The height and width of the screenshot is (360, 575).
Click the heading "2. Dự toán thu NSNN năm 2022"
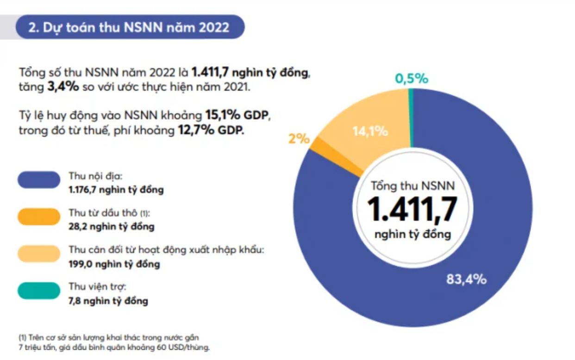click(x=129, y=27)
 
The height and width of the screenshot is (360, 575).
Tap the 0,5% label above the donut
click(x=412, y=79)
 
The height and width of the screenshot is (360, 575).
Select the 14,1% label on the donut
click(x=370, y=131)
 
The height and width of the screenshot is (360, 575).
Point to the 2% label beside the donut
click(x=299, y=138)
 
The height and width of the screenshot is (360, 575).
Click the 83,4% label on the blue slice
click(x=466, y=279)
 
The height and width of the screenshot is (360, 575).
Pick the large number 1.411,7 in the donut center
click(x=412, y=209)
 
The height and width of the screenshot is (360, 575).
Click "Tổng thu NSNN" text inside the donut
click(x=412, y=186)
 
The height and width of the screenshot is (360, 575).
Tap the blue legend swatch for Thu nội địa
click(x=39, y=180)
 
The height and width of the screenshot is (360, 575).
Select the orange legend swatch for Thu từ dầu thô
click(x=39, y=217)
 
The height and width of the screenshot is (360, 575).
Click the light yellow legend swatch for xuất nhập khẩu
click(x=39, y=254)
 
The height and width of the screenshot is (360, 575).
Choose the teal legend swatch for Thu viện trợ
click(x=39, y=291)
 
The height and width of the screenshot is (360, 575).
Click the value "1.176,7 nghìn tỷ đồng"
click(x=116, y=190)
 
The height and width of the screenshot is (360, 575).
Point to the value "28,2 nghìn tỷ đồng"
click(x=111, y=227)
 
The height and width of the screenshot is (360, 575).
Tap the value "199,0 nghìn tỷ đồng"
click(x=114, y=264)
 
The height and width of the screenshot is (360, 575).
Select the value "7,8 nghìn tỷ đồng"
click(x=108, y=301)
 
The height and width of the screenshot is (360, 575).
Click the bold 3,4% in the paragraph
click(x=62, y=87)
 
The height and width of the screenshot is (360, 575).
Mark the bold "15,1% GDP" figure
click(x=236, y=115)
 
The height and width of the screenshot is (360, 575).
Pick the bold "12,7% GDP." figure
click(x=211, y=130)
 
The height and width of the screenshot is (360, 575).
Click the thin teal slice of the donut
click(x=411, y=116)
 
